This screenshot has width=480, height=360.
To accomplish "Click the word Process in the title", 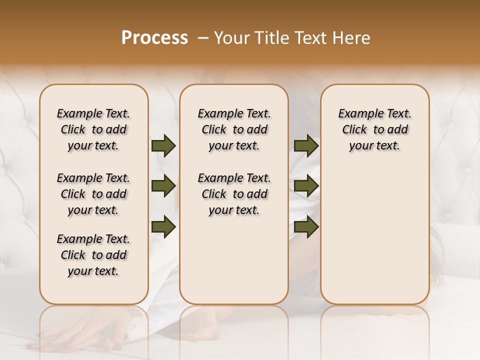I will [154, 38].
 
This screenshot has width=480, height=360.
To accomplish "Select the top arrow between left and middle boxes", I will [163, 146].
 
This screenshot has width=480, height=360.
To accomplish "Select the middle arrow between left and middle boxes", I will [163, 186].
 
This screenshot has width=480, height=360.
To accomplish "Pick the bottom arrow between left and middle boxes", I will [163, 226].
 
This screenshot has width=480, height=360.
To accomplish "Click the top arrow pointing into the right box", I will [306, 146].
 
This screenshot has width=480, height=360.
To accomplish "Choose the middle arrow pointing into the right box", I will [306, 186].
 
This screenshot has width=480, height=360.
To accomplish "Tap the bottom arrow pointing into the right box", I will [306, 226].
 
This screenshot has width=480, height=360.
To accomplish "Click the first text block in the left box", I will [93, 129].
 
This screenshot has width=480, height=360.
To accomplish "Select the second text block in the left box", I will [93, 194].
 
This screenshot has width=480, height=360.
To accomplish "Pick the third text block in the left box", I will [93, 255].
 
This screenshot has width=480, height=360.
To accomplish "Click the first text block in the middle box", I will [234, 129].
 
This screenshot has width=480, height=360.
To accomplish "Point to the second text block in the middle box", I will [234, 194].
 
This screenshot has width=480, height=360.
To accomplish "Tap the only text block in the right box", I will [374, 129].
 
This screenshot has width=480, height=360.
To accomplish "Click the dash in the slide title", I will [203, 38].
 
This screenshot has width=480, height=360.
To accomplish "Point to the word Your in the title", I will [231, 38].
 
